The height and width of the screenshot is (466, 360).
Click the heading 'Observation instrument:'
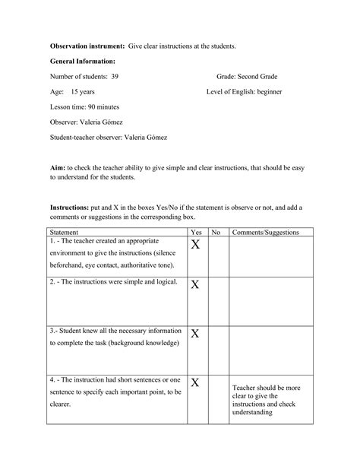pos(87,46)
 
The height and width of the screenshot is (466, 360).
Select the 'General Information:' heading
pos(83,62)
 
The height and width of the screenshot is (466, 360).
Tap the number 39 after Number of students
pos(114,77)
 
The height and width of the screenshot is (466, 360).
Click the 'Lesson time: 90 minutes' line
pos(84,107)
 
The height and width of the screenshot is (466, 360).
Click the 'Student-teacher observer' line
pos(109,138)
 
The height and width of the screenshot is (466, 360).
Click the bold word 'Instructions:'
pos(69,207)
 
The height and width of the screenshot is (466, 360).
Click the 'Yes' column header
pos(196,232)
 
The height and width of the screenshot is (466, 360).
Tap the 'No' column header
pos(216,232)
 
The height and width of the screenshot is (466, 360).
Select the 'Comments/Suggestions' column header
pos(265,232)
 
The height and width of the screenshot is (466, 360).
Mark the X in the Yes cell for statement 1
pos(195,245)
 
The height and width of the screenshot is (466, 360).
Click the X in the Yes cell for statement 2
pos(195,284)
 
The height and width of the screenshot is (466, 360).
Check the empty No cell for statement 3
pos(217,350)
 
